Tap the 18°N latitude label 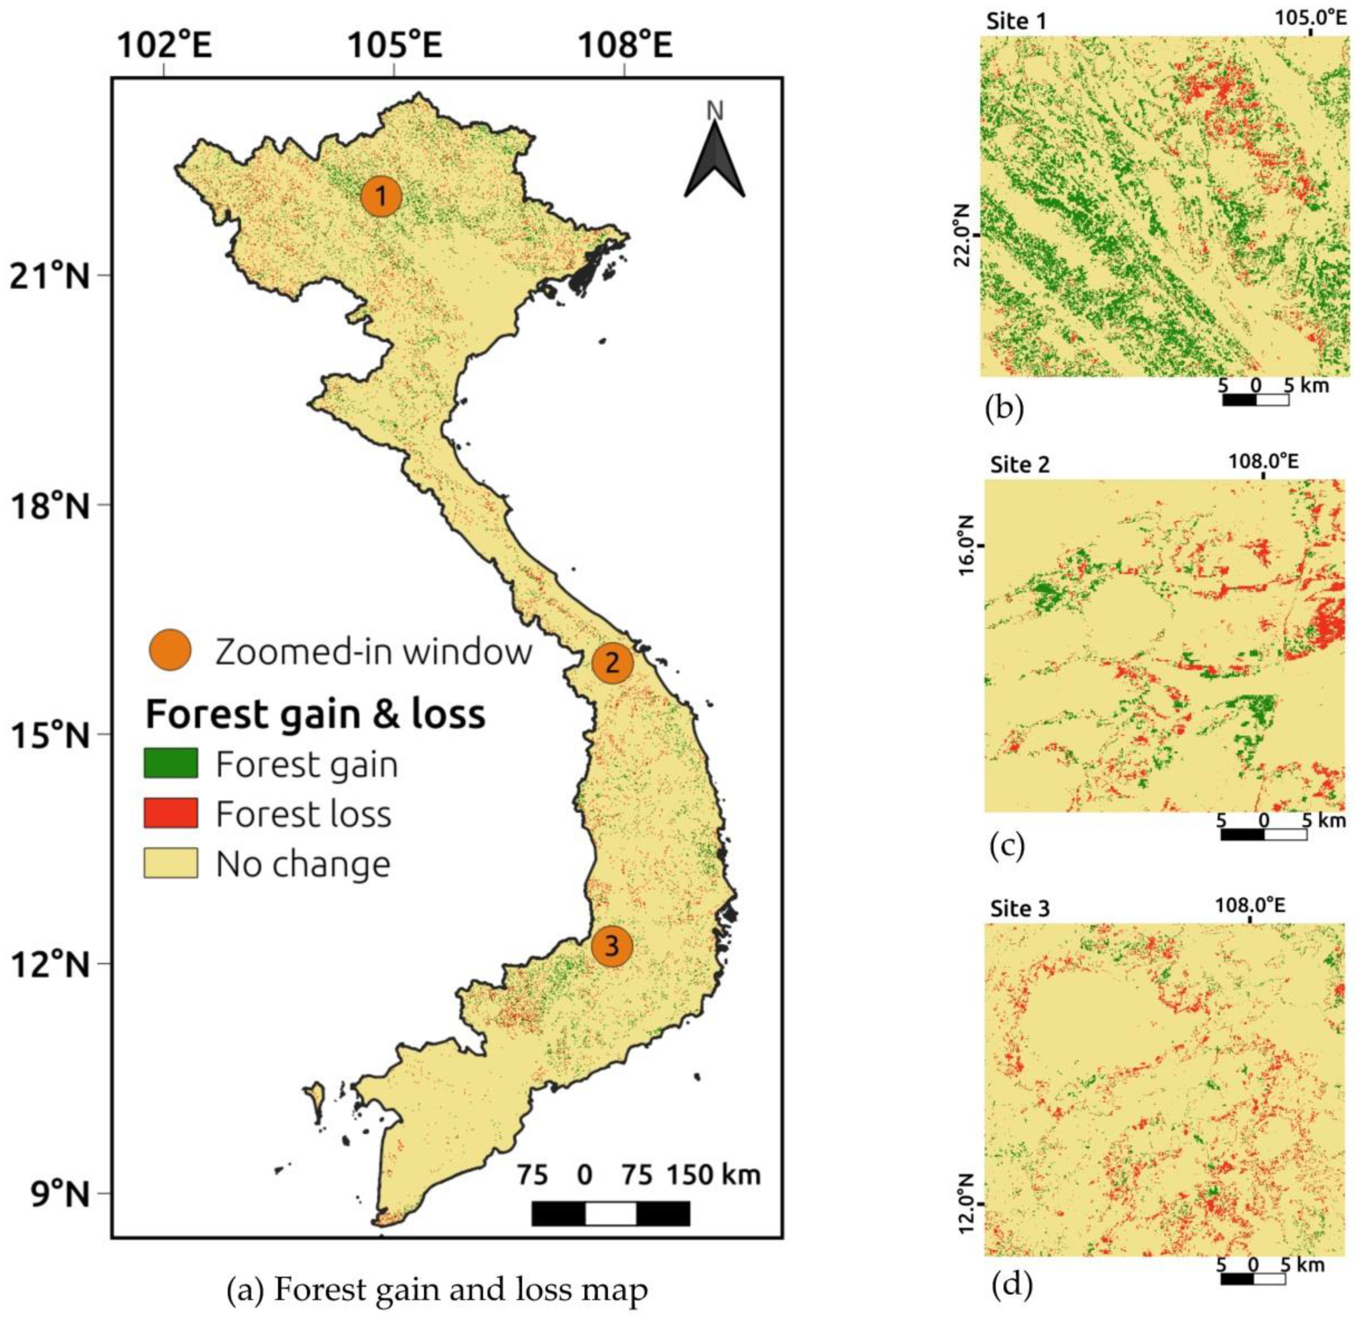[49, 506]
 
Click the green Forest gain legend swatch [171, 764]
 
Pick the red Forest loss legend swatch [171, 813]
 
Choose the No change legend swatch [171, 863]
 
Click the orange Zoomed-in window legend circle [171, 651]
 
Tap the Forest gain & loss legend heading [315, 714]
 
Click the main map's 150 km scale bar [610, 1213]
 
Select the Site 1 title [1016, 22]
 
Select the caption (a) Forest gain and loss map [438, 1289]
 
